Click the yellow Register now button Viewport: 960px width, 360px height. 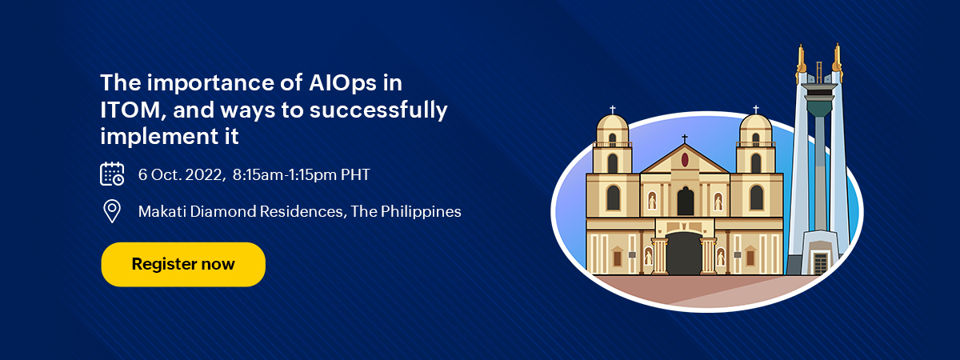point(183,265)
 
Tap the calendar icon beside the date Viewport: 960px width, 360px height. point(112,174)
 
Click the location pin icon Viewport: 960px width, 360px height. point(112,211)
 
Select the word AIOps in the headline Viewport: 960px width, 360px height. point(342,83)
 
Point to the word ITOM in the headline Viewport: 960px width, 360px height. point(130,110)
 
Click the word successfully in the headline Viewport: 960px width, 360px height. point(378,110)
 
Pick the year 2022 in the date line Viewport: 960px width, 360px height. point(203,175)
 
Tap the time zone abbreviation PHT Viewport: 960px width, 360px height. point(355,174)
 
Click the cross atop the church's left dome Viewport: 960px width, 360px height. point(613,110)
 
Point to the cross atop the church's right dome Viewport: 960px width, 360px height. point(756,110)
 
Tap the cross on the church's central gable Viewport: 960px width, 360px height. point(685,139)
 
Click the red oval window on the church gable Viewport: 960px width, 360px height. point(685,160)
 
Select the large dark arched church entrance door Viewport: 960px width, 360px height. point(684,254)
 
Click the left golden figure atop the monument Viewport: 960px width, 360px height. point(801,62)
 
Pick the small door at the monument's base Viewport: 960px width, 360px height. point(820,262)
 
